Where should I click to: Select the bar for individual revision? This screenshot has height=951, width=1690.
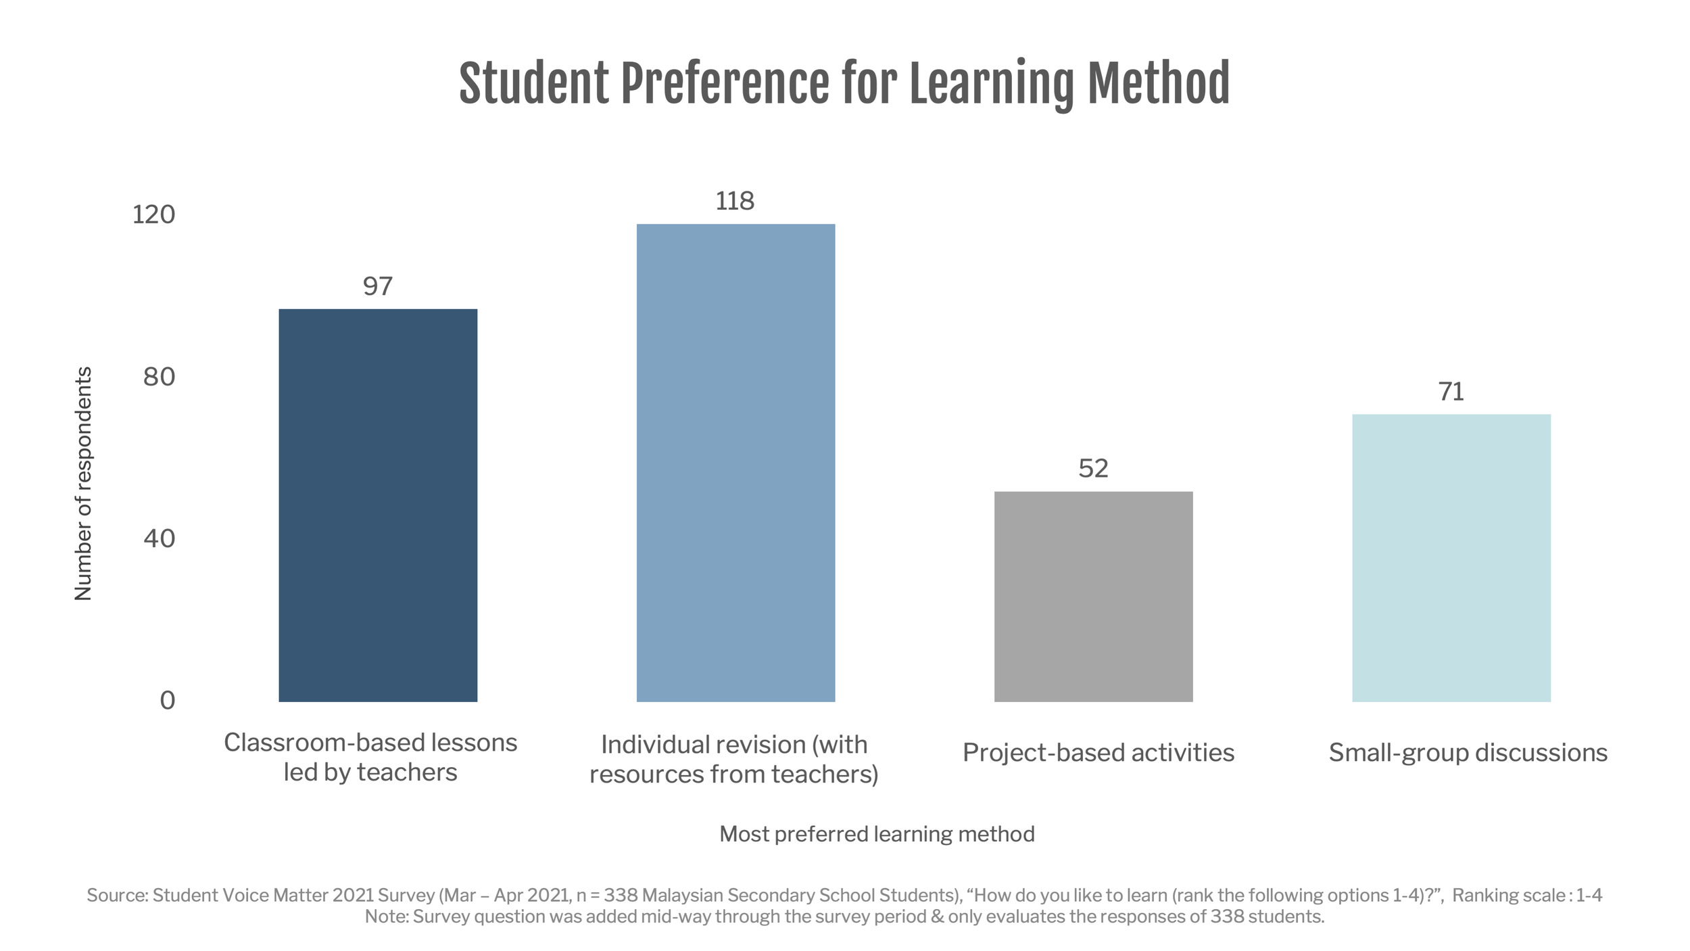(x=735, y=463)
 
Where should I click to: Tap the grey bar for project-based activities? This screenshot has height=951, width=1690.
(x=1093, y=596)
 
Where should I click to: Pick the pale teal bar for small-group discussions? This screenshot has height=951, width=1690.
(x=1451, y=557)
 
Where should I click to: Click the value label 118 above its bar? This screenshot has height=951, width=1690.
(x=735, y=201)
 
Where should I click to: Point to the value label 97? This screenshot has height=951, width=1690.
(x=377, y=286)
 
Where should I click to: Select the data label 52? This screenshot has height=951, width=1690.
(x=1093, y=468)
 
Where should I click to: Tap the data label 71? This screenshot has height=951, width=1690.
(x=1451, y=392)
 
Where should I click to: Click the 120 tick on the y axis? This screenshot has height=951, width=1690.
(x=153, y=214)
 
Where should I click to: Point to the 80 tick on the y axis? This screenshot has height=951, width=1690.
(x=159, y=377)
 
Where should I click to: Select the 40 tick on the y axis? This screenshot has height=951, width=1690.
(x=159, y=538)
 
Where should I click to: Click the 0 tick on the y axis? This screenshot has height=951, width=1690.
(x=167, y=700)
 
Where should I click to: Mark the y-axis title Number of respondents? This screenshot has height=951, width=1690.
(x=82, y=484)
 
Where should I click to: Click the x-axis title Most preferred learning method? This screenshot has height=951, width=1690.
(x=877, y=834)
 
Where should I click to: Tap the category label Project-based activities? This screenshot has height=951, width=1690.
(x=1098, y=752)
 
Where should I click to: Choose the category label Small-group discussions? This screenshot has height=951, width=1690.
(x=1468, y=752)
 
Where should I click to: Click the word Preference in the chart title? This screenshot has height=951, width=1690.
(x=725, y=84)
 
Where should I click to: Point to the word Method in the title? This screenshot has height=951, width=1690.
(x=1158, y=84)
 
